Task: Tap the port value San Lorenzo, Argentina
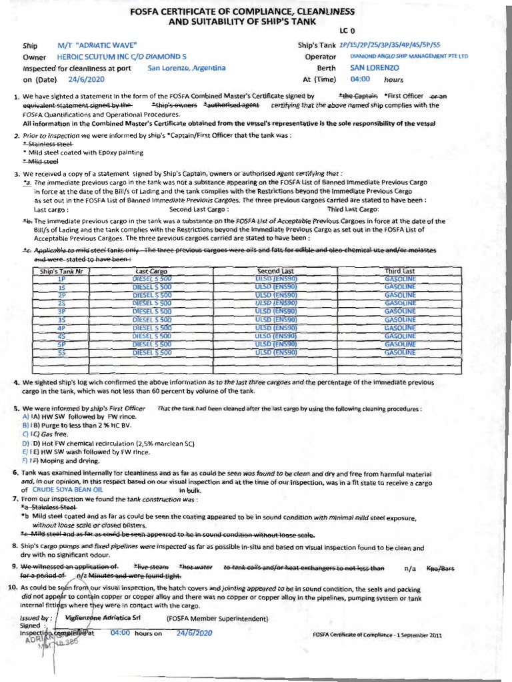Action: click(187, 68)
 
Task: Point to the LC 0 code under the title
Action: click(348, 31)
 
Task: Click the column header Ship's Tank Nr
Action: click(61, 271)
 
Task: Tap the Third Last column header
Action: click(399, 271)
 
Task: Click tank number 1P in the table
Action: click(61, 278)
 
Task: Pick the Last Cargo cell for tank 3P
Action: click(152, 311)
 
